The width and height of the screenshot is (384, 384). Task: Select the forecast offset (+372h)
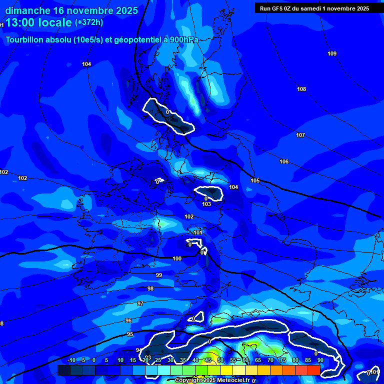click(x=89, y=22)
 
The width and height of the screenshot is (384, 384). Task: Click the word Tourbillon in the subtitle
click(x=26, y=40)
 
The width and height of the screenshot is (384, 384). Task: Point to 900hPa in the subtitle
click(x=184, y=40)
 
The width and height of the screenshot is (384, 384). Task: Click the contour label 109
click(x=332, y=53)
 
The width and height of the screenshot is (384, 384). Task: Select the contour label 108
click(x=301, y=89)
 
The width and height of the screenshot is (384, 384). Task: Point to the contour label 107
click(x=300, y=135)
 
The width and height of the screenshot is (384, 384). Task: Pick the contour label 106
click(x=284, y=161)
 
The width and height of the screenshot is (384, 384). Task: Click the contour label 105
click(x=255, y=180)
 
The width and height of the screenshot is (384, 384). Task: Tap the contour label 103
click(x=206, y=204)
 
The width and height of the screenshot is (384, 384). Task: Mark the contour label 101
click(x=198, y=232)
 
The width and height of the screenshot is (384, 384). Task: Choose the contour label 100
click(x=177, y=258)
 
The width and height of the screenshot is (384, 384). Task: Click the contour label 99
click(x=159, y=275)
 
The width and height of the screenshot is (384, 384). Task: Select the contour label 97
click(x=140, y=303)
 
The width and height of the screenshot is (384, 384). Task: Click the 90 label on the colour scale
click(x=320, y=360)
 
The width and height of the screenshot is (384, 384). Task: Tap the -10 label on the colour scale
click(x=71, y=360)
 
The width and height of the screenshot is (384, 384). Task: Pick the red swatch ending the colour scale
click(x=313, y=370)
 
